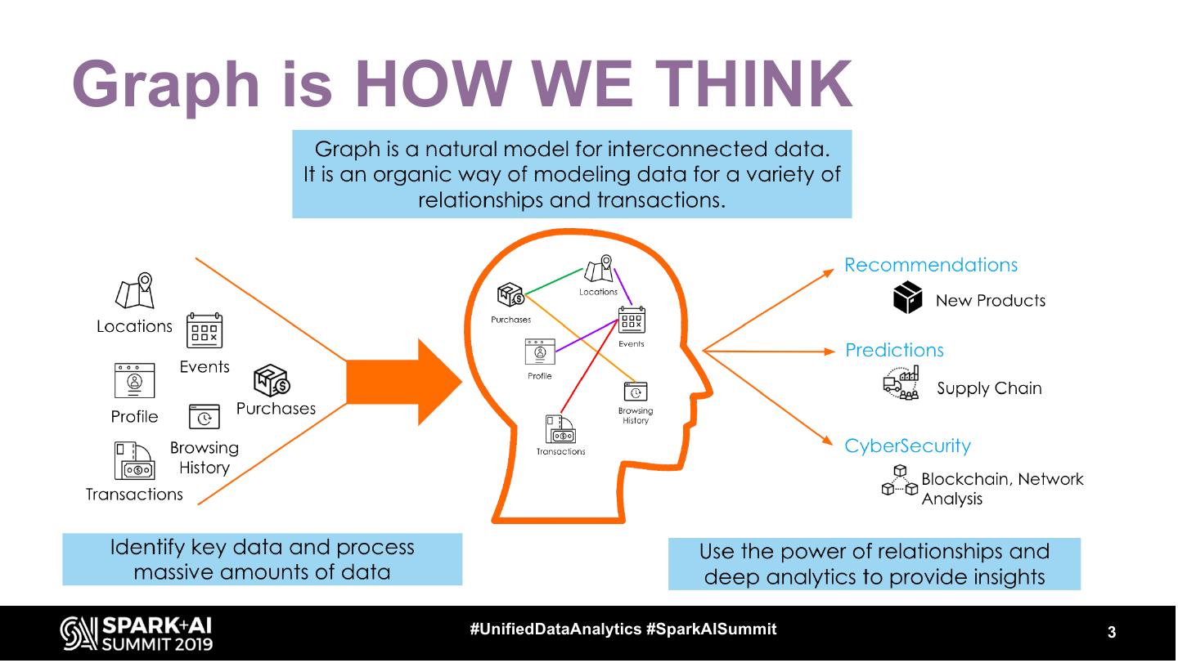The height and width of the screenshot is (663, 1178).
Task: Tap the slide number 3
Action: tap(1112, 632)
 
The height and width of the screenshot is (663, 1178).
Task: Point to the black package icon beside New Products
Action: tap(907, 298)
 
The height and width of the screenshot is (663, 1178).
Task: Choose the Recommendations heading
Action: tap(931, 265)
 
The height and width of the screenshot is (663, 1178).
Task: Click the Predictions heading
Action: tap(894, 350)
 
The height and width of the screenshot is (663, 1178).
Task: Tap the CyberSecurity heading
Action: tap(907, 446)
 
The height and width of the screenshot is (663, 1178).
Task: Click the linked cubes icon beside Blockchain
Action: tap(899, 481)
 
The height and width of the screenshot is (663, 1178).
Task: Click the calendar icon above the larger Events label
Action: tap(205, 330)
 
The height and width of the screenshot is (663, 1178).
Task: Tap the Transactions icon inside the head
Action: tap(560, 430)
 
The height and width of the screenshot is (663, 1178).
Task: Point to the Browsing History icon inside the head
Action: tap(636, 392)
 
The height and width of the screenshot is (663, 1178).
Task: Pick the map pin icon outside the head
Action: tap(136, 291)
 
